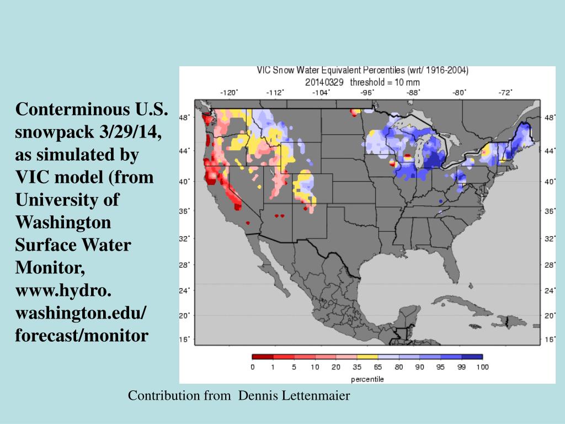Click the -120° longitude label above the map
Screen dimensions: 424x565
(x=228, y=92)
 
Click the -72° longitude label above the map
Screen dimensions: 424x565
(x=505, y=92)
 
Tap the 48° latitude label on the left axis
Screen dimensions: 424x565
(x=185, y=118)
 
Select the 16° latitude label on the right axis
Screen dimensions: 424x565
(x=550, y=340)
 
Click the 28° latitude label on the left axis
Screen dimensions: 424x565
(x=185, y=265)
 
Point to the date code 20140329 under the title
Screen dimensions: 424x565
(x=324, y=81)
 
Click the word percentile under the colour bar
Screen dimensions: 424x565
(x=367, y=379)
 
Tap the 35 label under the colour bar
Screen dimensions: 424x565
(x=357, y=367)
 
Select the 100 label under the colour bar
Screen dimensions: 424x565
(x=482, y=367)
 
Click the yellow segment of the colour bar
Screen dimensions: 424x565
(x=367, y=357)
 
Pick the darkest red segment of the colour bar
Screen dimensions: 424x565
(x=263, y=357)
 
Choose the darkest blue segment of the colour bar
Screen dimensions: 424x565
(x=472, y=357)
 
